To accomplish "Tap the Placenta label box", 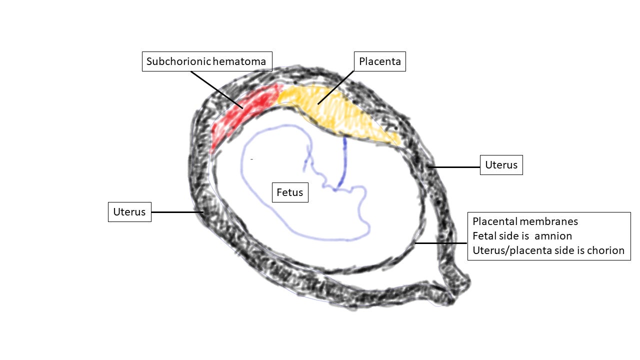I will point(380,61).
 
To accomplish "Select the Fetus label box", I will point(290,192).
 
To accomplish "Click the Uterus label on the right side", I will point(501,164).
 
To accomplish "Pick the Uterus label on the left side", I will point(129,211).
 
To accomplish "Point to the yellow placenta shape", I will point(340,112).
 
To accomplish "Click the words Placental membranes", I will point(525,221).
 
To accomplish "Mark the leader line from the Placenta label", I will point(336,87).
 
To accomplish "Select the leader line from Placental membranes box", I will point(441,243).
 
